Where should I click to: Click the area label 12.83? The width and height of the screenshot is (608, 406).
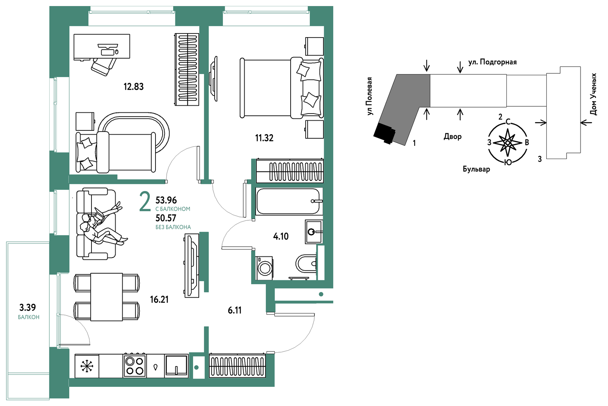133,87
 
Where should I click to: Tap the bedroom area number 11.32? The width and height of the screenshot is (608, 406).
264,138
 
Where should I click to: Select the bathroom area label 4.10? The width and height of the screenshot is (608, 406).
280,236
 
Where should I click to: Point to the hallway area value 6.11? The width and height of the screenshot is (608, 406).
235,311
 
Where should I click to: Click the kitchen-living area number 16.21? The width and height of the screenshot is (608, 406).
159,300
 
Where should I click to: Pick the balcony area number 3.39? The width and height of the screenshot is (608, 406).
27,308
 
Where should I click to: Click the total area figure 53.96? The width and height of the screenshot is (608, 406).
166,200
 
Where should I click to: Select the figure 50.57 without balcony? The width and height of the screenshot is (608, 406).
166,218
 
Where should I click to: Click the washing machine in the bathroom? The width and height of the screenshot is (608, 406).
264,268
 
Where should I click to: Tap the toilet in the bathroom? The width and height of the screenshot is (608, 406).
306,263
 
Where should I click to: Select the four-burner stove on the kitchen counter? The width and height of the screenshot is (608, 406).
135,365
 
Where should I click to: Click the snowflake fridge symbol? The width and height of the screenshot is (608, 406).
87,366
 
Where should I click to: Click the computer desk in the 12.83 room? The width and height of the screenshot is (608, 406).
102,46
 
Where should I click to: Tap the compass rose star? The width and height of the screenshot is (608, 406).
507,142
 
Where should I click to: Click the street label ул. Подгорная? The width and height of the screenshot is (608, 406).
492,62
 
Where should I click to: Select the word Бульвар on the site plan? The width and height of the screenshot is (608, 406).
476,170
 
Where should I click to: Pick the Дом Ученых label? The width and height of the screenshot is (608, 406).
593,94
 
